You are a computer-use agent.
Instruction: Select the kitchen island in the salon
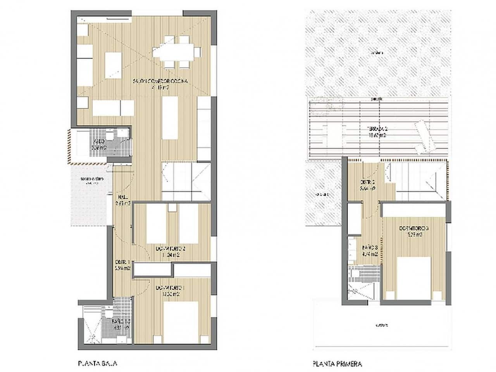coord(169,118)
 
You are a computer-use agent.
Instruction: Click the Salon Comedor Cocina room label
coord(160,81)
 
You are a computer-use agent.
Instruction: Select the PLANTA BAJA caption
coord(98,363)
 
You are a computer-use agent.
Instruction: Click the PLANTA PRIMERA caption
coord(337,364)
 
